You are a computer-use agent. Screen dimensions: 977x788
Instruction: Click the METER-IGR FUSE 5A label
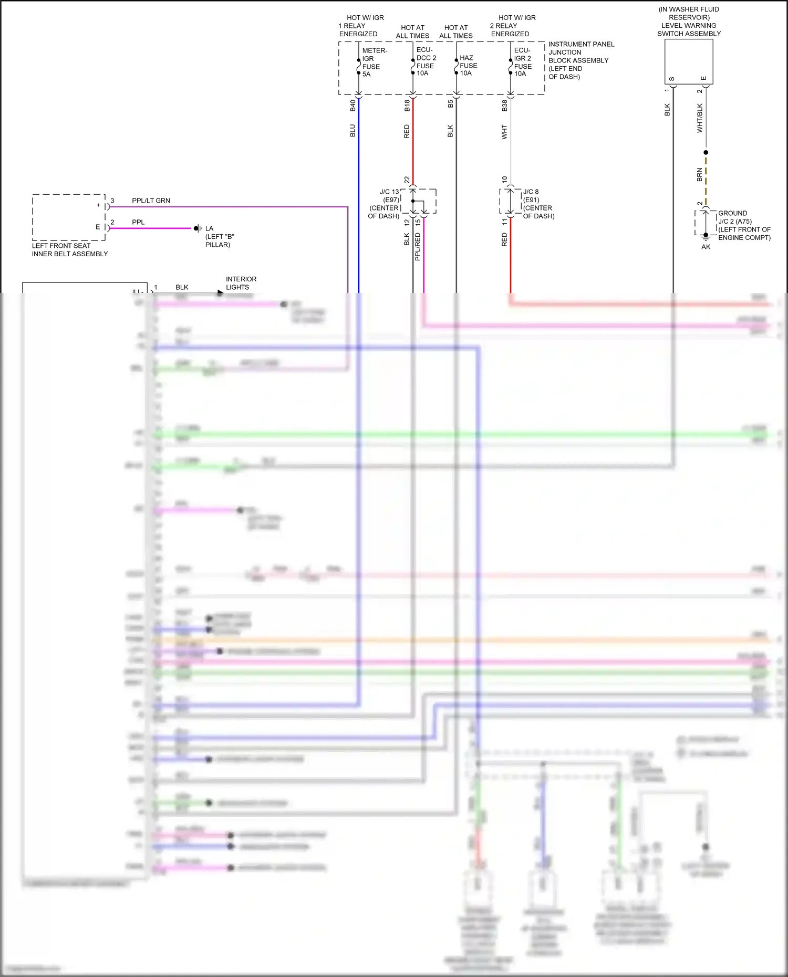(x=374, y=62)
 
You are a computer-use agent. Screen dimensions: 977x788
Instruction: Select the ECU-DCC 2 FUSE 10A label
(x=426, y=61)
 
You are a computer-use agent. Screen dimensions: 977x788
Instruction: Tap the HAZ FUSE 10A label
(x=468, y=66)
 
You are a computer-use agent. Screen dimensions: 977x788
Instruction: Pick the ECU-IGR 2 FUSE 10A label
(x=523, y=62)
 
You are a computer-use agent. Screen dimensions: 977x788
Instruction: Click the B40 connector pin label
(x=353, y=106)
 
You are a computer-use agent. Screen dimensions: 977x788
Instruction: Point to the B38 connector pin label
(x=504, y=106)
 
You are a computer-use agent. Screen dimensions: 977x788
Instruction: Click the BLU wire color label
(x=353, y=131)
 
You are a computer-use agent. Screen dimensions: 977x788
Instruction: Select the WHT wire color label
(x=504, y=132)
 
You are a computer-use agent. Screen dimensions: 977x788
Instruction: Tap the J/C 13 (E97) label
(x=389, y=196)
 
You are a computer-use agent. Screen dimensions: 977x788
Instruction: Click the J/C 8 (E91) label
(x=531, y=196)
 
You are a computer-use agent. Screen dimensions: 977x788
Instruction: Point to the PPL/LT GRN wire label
(x=151, y=201)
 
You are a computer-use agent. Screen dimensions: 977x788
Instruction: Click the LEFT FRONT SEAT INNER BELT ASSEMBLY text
(x=69, y=250)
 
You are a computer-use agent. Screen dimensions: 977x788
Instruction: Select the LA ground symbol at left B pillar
(x=198, y=228)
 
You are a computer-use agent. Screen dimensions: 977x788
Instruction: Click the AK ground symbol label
(x=706, y=247)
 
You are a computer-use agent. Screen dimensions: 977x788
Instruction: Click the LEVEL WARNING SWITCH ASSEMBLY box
(x=688, y=61)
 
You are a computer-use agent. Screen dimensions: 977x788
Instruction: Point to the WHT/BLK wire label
(x=700, y=118)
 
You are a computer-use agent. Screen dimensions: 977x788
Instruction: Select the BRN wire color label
(x=700, y=175)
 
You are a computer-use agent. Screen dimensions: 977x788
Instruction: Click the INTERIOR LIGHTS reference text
(x=241, y=283)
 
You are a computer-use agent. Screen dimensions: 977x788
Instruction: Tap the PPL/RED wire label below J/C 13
(x=418, y=247)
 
